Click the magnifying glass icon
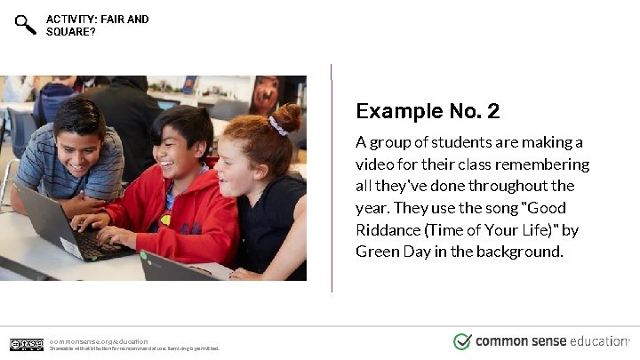click(x=26, y=25)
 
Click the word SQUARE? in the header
click(x=71, y=32)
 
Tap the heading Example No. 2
click(x=428, y=111)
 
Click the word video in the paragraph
click(x=375, y=164)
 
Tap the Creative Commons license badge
click(x=27, y=344)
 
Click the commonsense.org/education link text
click(x=99, y=340)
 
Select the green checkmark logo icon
click(x=462, y=341)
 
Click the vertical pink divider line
click(x=332, y=178)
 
